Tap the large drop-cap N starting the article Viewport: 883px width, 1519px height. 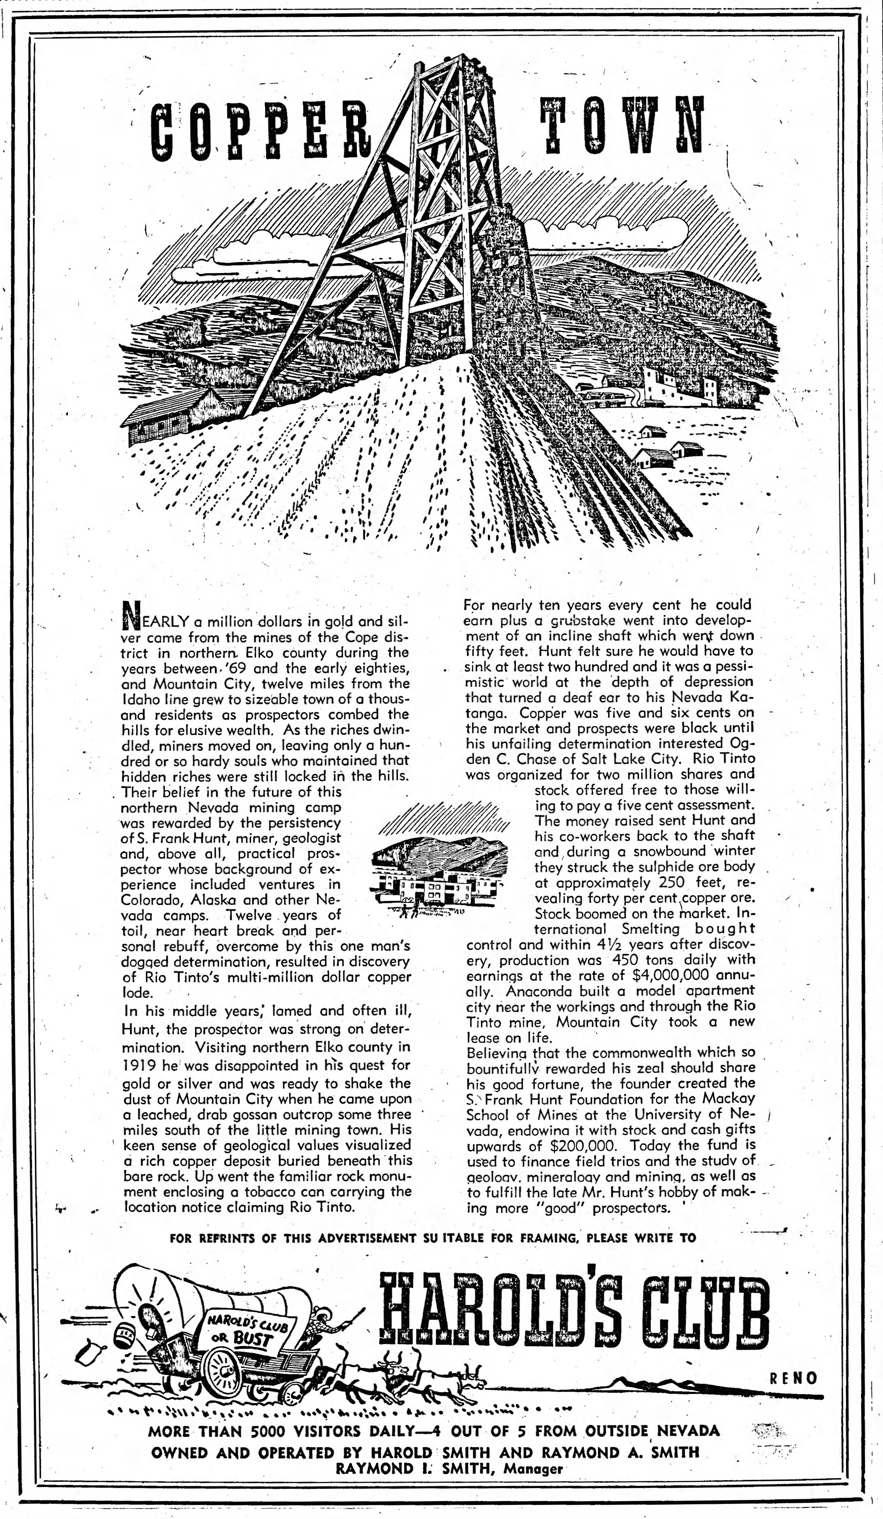coord(131,613)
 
